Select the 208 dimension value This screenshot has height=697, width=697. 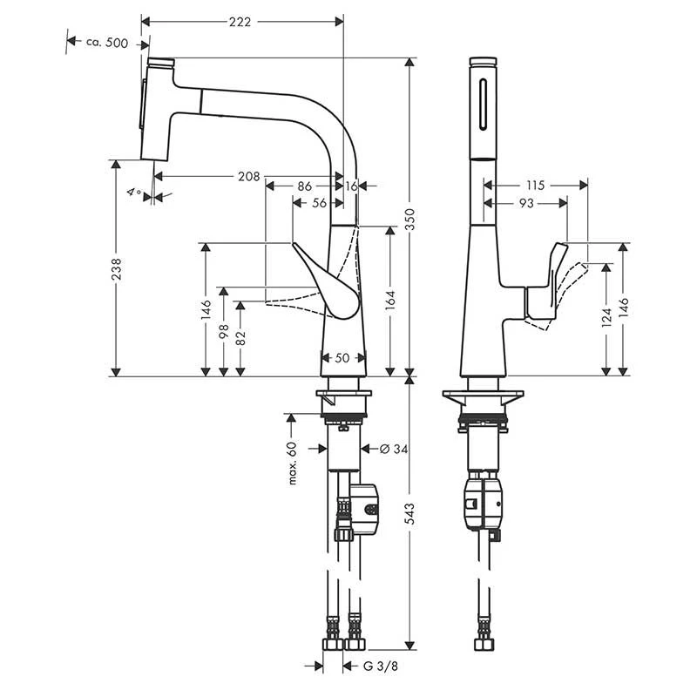(x=248, y=177)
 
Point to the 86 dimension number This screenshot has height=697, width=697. (x=304, y=186)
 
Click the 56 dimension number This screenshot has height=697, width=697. (x=319, y=202)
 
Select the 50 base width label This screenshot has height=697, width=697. (x=343, y=358)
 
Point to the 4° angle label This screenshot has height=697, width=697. (x=132, y=192)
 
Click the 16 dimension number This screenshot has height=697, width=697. (x=351, y=186)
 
